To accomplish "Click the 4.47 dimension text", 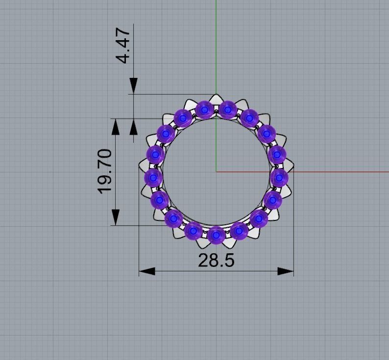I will [123, 46].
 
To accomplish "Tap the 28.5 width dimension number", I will [216, 261].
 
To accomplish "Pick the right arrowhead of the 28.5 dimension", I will [286, 271].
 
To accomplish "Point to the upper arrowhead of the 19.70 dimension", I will [116, 126].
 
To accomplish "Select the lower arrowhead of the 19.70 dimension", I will [116, 217].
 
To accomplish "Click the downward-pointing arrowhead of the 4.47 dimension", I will [133, 85].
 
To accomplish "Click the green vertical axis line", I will [216, 49].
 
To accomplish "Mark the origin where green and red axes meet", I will [216, 172].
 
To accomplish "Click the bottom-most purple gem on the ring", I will [216, 235].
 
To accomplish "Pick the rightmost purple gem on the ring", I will [279, 177].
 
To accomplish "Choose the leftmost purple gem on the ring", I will [153, 177].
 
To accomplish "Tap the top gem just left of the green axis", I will [204, 109].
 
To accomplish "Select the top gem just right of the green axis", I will [227, 109].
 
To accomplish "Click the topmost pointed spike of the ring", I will [216, 95].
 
